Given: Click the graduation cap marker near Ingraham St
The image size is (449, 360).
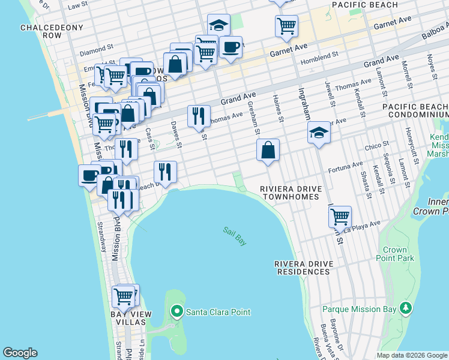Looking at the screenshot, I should (x=319, y=133).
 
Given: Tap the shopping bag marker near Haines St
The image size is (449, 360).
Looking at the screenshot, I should (x=268, y=150).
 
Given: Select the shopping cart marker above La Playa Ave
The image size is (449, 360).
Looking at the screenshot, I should (x=340, y=216).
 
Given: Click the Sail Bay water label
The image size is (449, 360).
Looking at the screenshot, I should (x=235, y=235).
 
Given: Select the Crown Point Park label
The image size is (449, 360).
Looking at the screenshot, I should (x=399, y=254).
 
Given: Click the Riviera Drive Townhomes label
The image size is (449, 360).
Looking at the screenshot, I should (x=291, y=193).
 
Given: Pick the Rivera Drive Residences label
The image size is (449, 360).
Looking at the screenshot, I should (x=303, y=268).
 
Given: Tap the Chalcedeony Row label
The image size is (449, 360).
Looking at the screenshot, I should (x=41, y=31).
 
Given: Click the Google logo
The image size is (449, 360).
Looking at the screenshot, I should (x=20, y=353).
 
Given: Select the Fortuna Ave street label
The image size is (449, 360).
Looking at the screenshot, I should (x=345, y=166).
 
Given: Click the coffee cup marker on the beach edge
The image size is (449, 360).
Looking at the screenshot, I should (x=89, y=175).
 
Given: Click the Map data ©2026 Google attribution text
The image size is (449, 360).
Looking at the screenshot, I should (x=412, y=355).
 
